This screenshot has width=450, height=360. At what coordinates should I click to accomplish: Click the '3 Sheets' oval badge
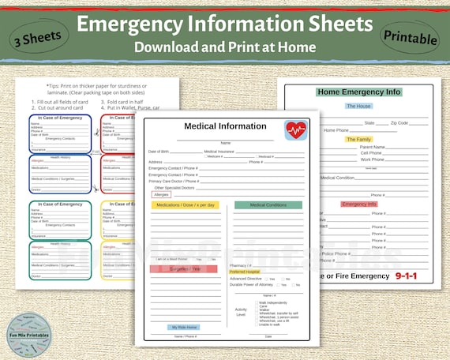click(x=38, y=36)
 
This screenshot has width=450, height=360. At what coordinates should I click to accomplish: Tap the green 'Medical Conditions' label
click(x=268, y=205)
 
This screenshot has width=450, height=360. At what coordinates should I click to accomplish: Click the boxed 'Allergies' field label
click(x=162, y=193)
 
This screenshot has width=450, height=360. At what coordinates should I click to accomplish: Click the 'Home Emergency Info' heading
click(x=359, y=92)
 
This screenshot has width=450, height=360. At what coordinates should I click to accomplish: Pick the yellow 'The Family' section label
click(x=358, y=139)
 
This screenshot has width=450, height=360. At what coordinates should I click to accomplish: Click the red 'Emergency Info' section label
click(x=359, y=204)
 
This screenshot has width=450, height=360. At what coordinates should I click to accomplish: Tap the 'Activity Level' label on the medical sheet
click(x=241, y=310)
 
